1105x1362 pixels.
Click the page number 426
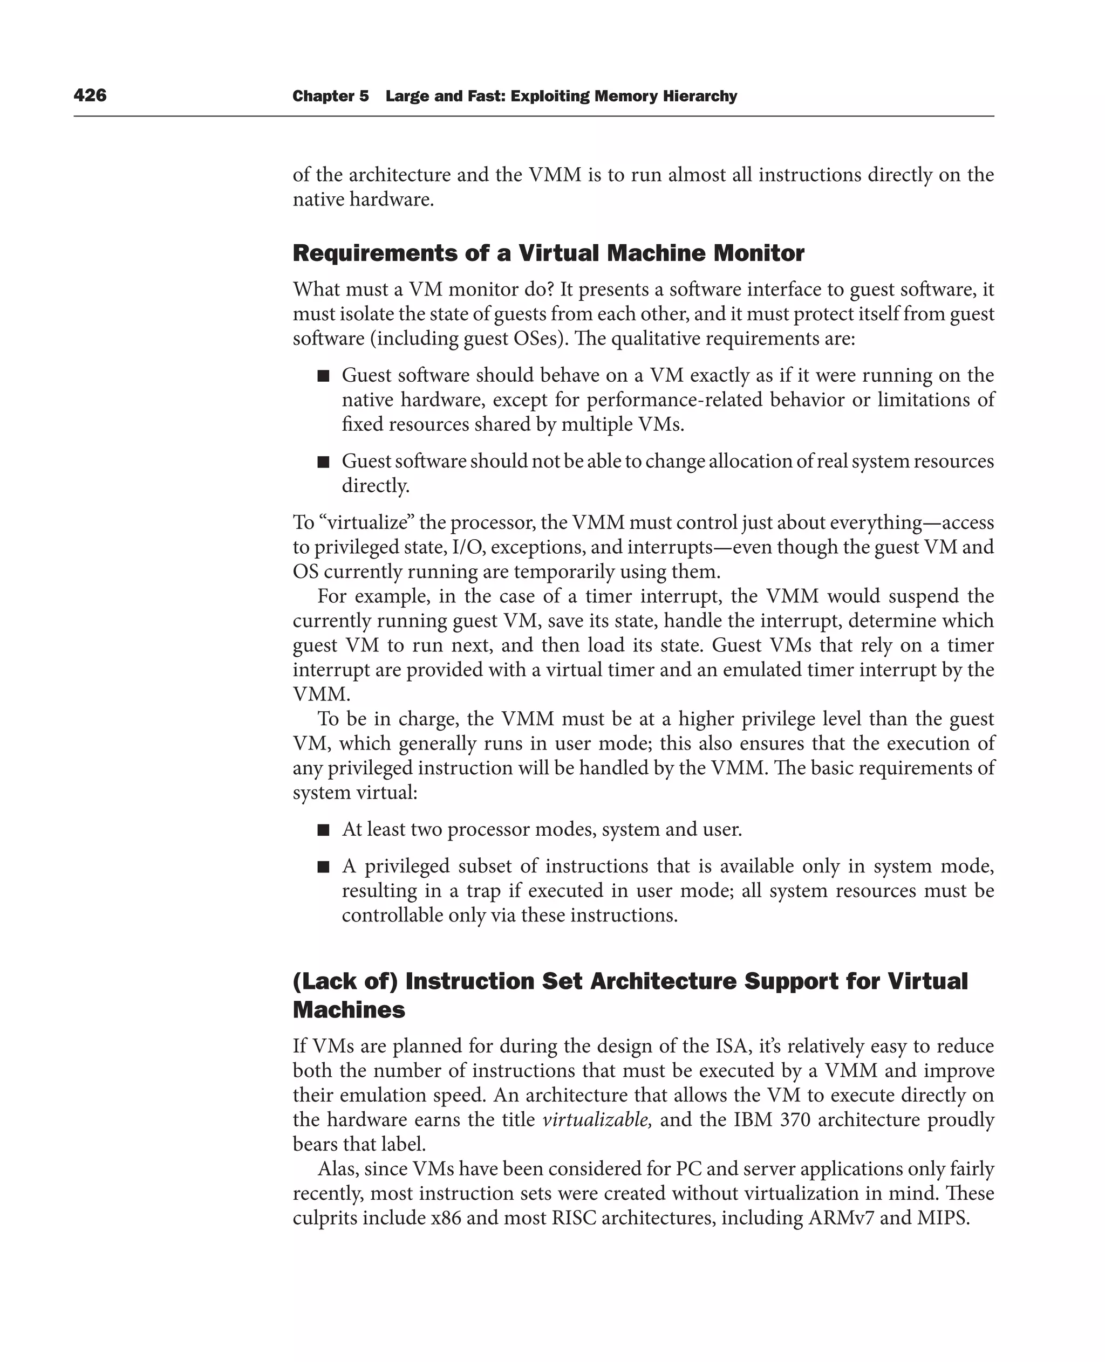pos(90,95)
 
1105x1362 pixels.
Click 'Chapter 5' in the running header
pos(330,96)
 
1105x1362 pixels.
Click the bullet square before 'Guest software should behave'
pos(323,376)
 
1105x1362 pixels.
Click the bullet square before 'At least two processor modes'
pos(323,829)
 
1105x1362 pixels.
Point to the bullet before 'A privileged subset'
pos(323,866)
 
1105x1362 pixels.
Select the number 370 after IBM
pos(793,1119)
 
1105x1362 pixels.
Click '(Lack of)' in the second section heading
pos(345,981)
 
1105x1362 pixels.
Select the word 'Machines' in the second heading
pos(348,1010)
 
